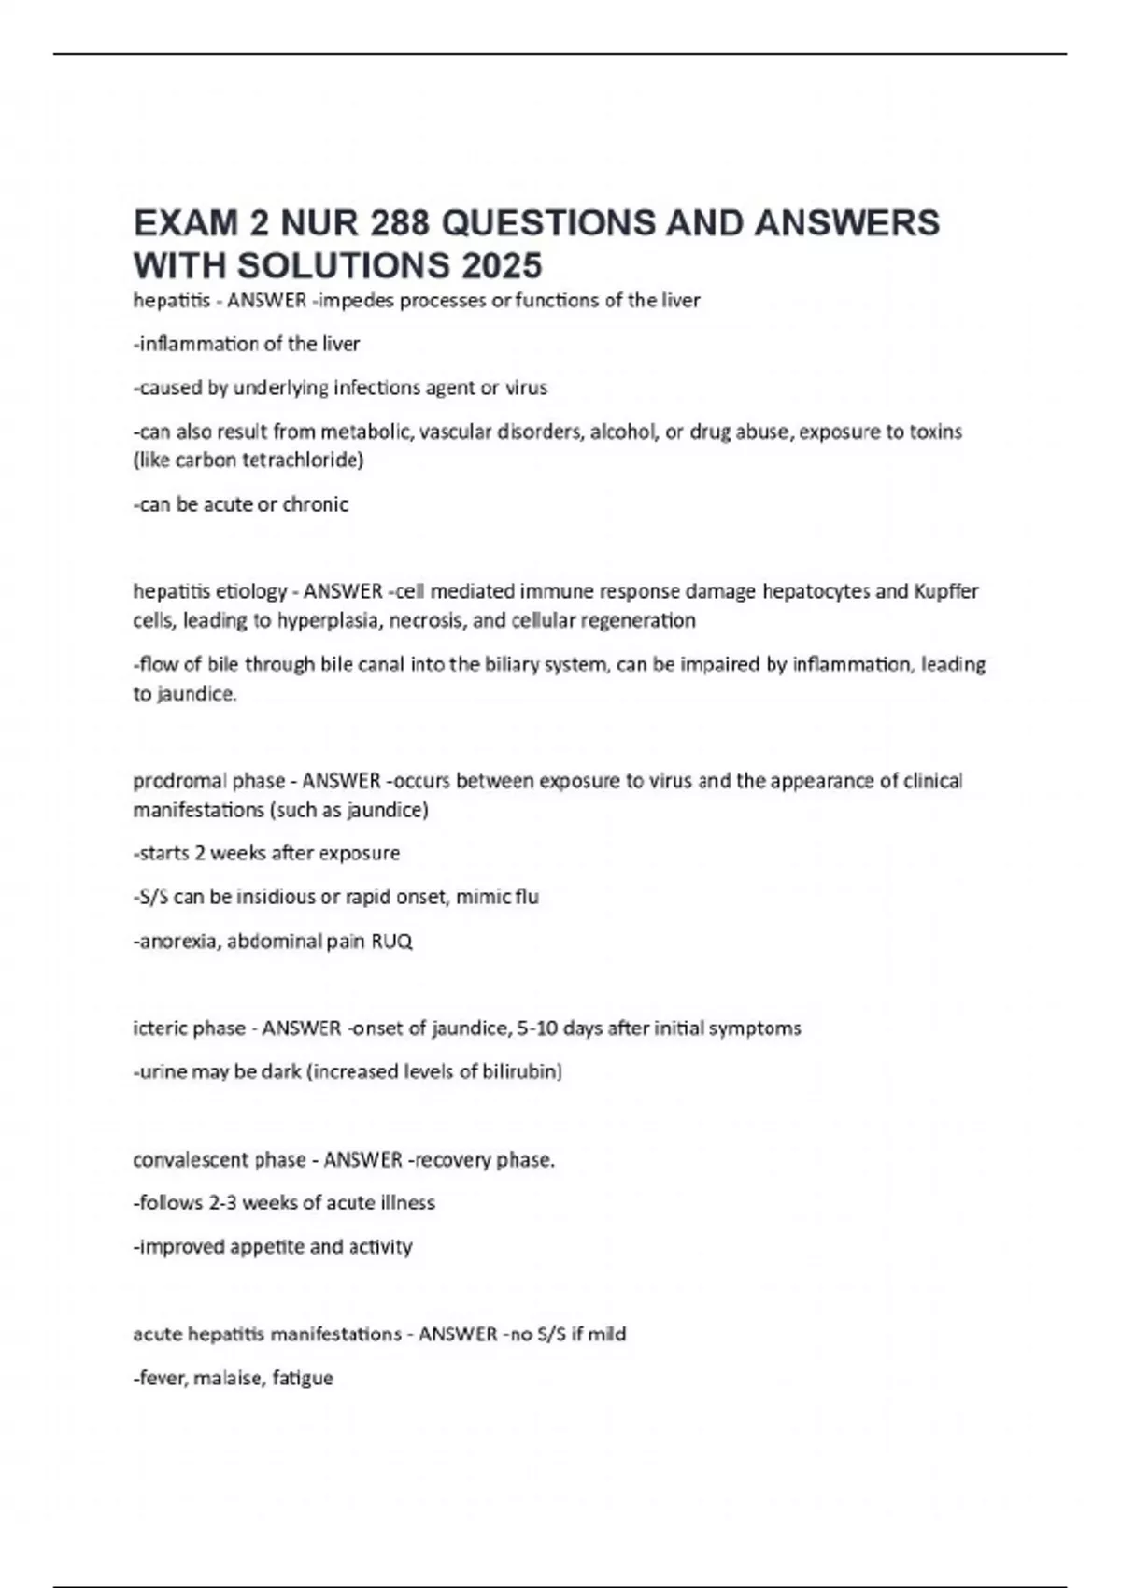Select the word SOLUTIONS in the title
344,266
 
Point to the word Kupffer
945,591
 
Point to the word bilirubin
519,1071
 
